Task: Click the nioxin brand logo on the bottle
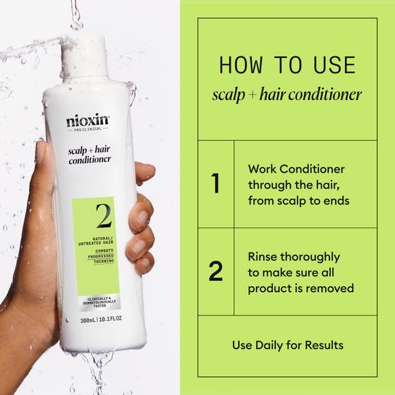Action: [88, 121]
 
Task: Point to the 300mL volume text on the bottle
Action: [90, 320]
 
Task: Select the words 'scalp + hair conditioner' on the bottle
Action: [90, 154]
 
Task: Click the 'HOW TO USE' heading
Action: [287, 65]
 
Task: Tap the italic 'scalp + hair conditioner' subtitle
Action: [287, 94]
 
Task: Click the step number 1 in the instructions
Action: [216, 184]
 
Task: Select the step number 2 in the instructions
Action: [216, 272]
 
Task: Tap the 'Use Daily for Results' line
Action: [288, 345]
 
